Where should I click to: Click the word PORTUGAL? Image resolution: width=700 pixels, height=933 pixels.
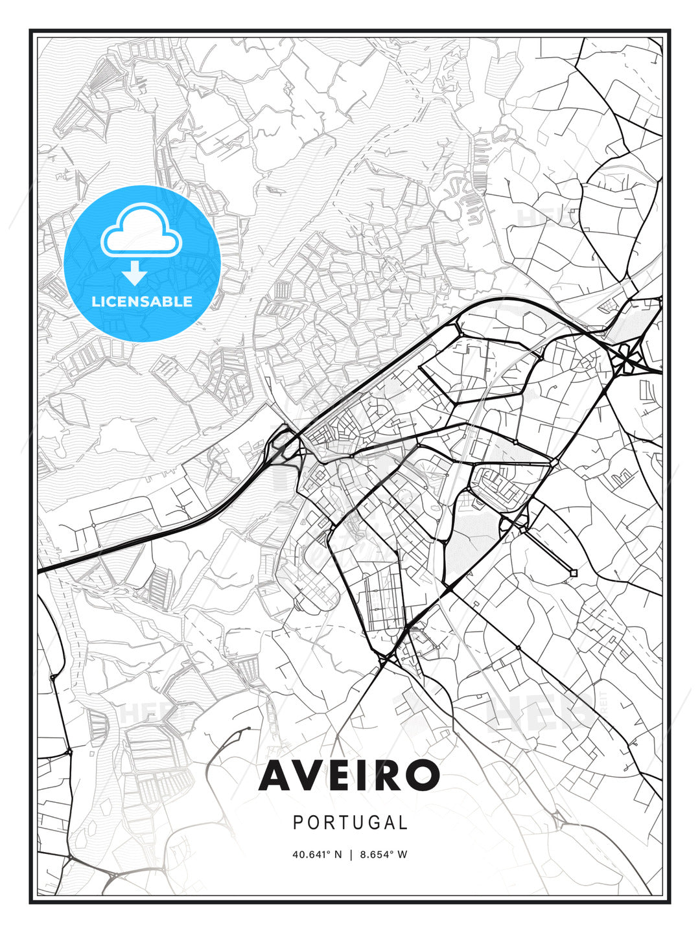350,823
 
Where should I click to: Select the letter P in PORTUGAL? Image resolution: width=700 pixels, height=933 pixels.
298,823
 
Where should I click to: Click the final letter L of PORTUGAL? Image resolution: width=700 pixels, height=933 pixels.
403,823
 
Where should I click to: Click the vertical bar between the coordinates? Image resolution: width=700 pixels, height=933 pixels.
351,855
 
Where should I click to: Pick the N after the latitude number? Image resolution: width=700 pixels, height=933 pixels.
338,855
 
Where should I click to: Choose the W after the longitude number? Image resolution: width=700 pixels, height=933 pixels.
402,855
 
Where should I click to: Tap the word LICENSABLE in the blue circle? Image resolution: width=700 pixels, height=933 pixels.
142,301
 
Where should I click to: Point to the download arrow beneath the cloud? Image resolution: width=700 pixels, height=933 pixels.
134,273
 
